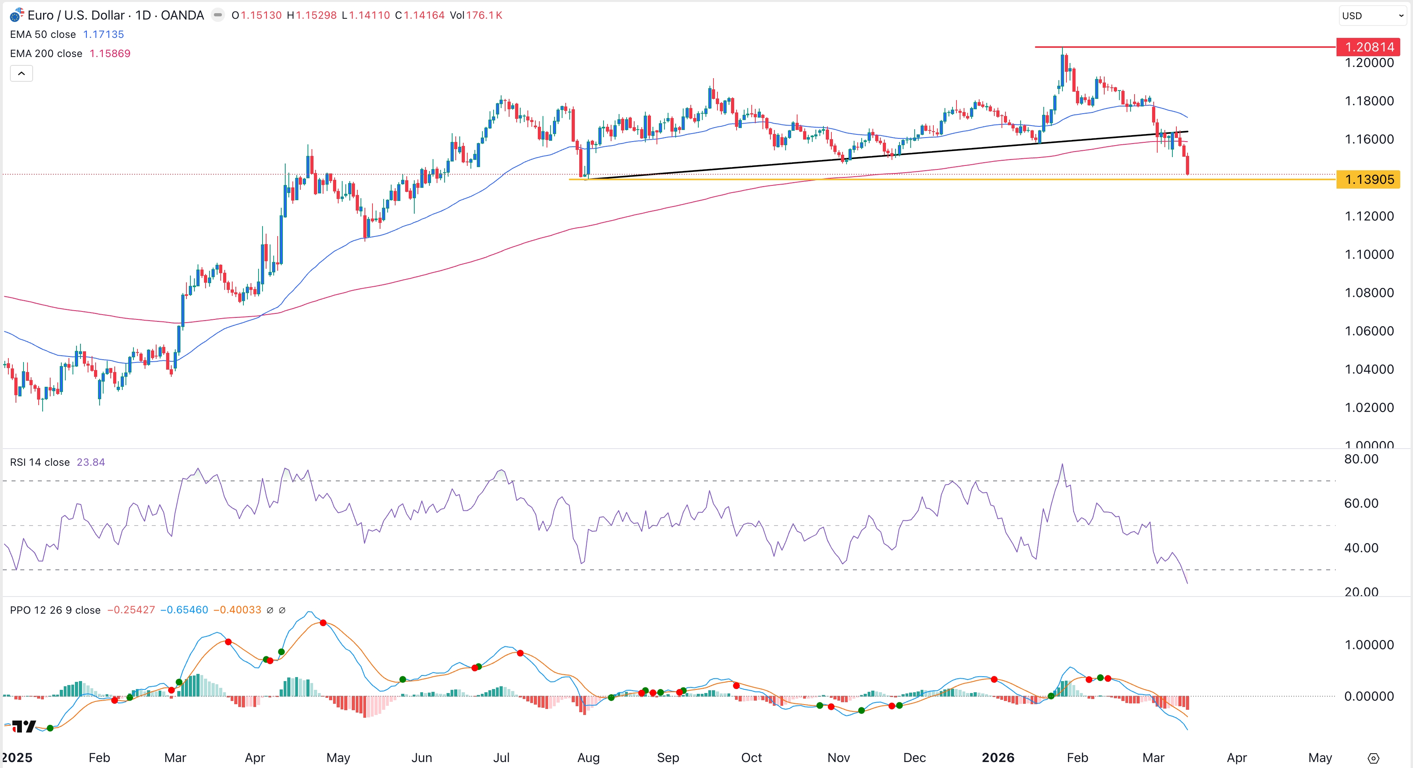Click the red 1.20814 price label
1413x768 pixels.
[1368, 47]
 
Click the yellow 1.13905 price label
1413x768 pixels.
[1368, 179]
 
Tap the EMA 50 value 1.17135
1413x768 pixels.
[103, 35]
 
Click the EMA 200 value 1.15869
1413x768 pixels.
[110, 54]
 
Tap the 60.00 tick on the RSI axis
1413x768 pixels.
[1361, 503]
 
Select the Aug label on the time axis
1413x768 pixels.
[588, 758]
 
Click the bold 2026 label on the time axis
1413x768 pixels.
[998, 758]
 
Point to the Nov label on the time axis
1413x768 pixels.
[838, 758]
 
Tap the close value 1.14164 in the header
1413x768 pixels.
[424, 16]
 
